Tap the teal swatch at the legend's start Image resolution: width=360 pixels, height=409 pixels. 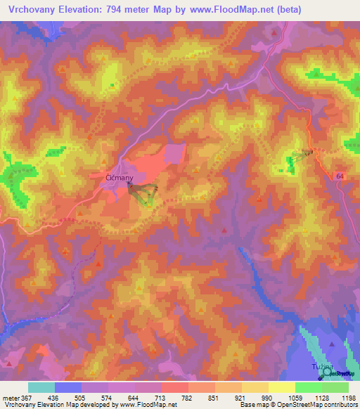coord(41,387)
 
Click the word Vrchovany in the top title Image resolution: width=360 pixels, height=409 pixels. coord(35,10)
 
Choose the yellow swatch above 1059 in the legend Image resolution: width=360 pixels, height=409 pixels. coord(281,387)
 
